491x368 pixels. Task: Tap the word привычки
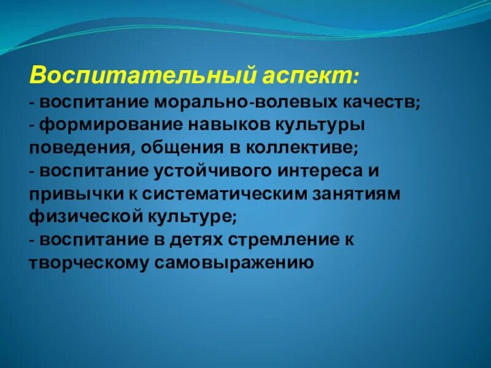point(71,194)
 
